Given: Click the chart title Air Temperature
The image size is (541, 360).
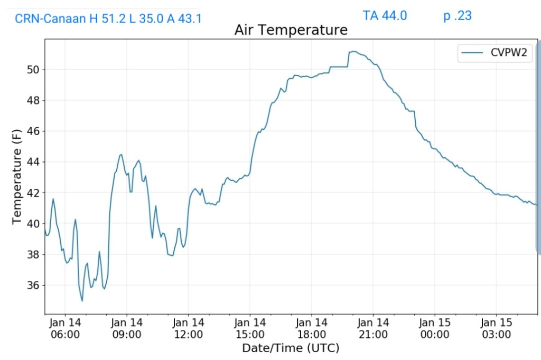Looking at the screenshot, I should (291, 30).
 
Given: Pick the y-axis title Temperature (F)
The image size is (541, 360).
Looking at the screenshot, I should (17, 177).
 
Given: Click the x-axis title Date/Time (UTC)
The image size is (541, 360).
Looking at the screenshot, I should (291, 348).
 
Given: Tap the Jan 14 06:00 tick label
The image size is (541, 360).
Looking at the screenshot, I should (65, 328).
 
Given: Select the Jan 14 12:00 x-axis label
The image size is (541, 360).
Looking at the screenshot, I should (188, 328).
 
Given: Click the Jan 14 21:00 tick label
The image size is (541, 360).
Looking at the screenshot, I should (373, 328).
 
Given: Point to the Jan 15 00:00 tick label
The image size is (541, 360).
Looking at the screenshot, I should (435, 328).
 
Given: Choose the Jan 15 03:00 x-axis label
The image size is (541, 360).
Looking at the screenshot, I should (497, 328).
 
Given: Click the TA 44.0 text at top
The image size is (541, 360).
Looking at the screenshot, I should (385, 16).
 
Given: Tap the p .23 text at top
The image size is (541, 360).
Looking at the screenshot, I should (458, 16).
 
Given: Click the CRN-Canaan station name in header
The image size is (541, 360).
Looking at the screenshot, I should (50, 20).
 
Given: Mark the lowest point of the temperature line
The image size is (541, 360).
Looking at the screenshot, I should (82, 301).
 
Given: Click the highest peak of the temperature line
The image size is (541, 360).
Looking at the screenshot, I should (353, 51).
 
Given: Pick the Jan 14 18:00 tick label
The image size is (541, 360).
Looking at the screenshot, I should (312, 328).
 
